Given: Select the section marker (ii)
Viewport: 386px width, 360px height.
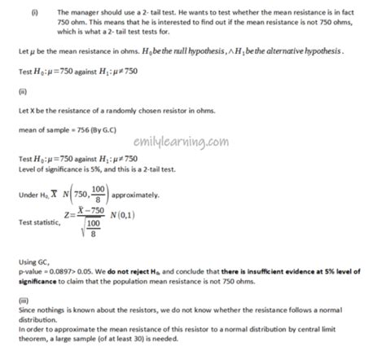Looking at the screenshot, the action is tap(22, 91).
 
